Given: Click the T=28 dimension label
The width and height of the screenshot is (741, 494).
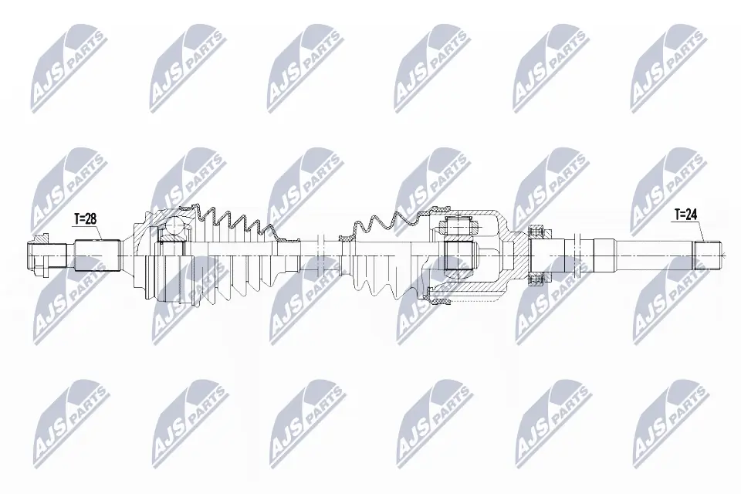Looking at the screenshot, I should (84, 219).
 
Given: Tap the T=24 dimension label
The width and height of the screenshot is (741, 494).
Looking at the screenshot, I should (686, 215).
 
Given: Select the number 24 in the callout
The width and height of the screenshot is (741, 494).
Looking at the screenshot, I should (692, 215).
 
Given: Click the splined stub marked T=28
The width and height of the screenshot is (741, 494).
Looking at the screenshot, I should (96, 255).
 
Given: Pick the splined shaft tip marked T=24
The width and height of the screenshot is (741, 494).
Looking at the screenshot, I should (709, 255).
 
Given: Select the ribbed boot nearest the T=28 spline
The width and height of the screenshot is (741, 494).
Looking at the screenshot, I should (232, 255).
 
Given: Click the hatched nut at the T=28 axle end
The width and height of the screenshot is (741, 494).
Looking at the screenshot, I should (39, 255).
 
